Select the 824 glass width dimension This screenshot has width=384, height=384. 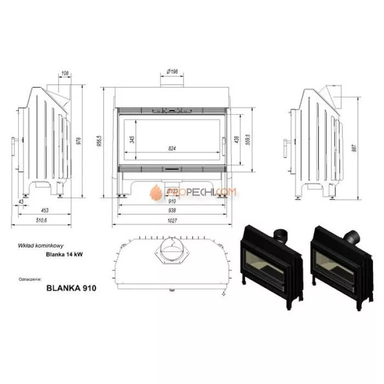pos(173,149)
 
